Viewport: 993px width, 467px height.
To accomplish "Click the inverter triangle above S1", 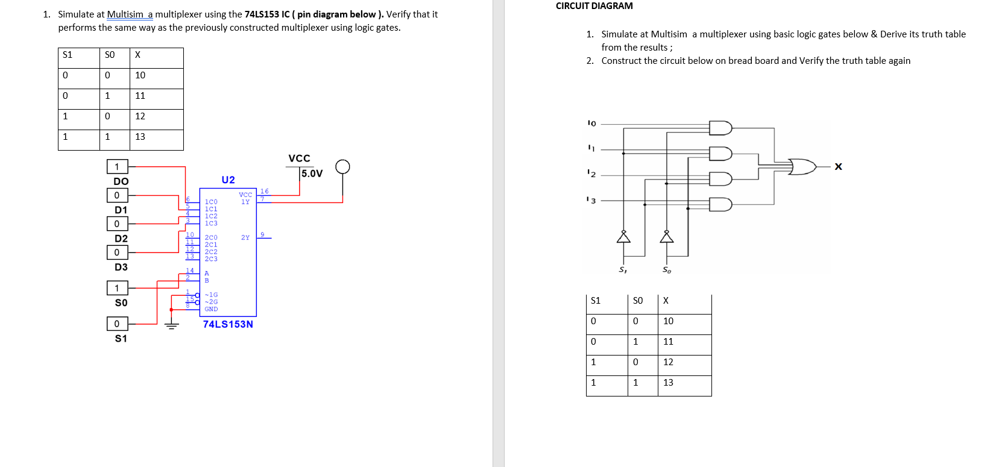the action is (623, 237).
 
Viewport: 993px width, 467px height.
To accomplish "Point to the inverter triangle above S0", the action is (666, 237).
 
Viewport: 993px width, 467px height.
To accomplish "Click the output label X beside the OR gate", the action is (838, 167).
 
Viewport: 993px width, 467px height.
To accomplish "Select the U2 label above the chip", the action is (228, 180).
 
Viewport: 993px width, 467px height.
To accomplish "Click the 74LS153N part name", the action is (228, 324).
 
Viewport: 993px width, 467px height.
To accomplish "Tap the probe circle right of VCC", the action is (342, 166).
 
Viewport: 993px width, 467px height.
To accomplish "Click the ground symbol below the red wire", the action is (172, 326).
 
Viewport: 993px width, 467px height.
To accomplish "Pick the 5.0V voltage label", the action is (312, 174).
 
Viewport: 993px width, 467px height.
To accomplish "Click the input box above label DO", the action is (117, 166).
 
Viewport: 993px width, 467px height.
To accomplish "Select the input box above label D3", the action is (117, 252).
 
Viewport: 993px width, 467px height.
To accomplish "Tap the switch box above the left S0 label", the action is (117, 288).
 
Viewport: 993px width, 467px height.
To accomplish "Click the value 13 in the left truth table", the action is (140, 137).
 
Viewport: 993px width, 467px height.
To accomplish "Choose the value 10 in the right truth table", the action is (668, 321).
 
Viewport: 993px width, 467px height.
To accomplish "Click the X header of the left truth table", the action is (137, 55).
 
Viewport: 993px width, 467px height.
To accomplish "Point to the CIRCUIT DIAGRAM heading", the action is (594, 6).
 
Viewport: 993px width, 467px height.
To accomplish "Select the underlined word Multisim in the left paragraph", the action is (126, 14).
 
